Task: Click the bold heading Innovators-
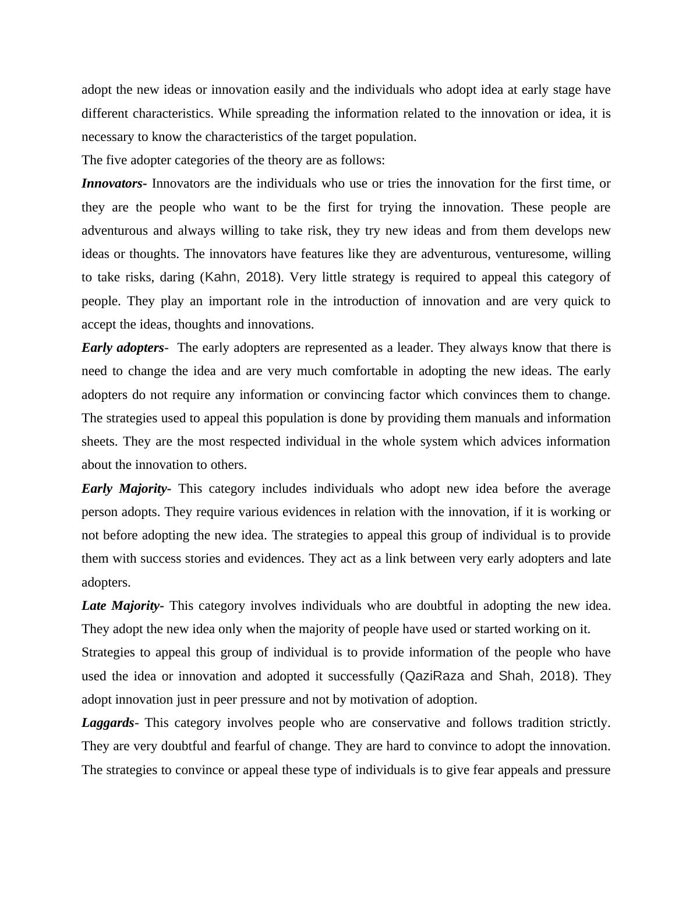pyautogui.click(x=114, y=183)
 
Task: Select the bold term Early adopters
pyautogui.click(x=123, y=348)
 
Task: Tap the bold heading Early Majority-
pyautogui.click(x=126, y=489)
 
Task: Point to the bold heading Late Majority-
pyautogui.click(x=122, y=606)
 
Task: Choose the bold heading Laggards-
pyautogui.click(x=109, y=723)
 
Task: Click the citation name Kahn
pyautogui.click(x=221, y=277)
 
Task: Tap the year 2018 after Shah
pyautogui.click(x=554, y=676)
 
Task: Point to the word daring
pyautogui.click(x=177, y=277)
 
